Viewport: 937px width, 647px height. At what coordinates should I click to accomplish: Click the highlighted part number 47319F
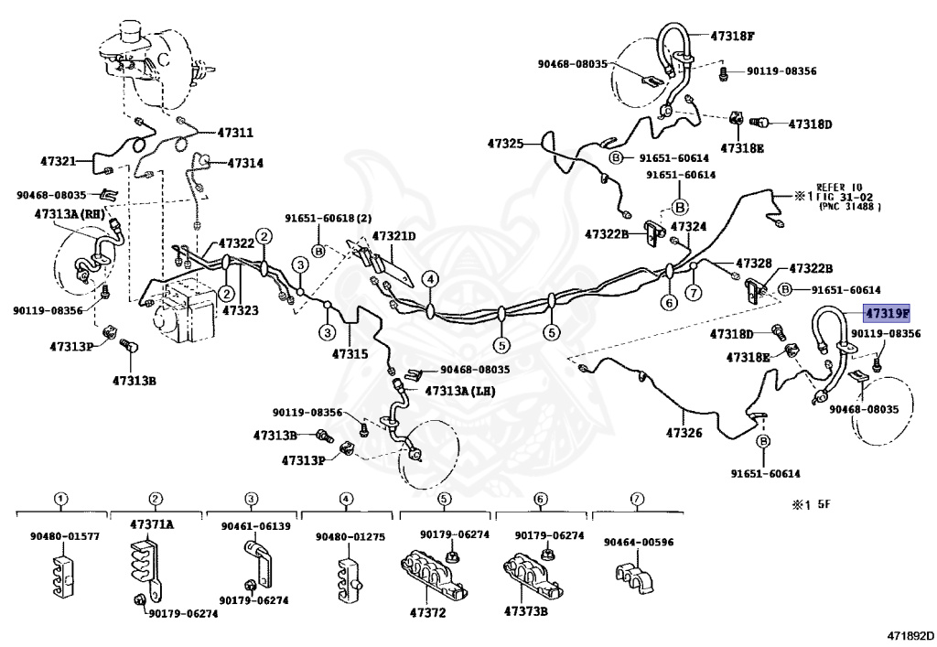pyautogui.click(x=888, y=314)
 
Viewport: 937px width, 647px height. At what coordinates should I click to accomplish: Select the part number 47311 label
pyautogui.click(x=236, y=134)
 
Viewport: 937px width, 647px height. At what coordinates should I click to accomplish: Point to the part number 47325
pyautogui.click(x=505, y=144)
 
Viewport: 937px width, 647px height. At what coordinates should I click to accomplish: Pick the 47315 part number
pyautogui.click(x=350, y=353)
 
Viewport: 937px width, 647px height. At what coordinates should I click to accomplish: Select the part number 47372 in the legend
pyautogui.click(x=426, y=612)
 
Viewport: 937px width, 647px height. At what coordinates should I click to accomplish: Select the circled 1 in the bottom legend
pyautogui.click(x=60, y=500)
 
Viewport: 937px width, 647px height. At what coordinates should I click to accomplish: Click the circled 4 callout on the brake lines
pyautogui.click(x=430, y=279)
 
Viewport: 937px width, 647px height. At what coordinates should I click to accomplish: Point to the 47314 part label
pyautogui.click(x=244, y=163)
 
